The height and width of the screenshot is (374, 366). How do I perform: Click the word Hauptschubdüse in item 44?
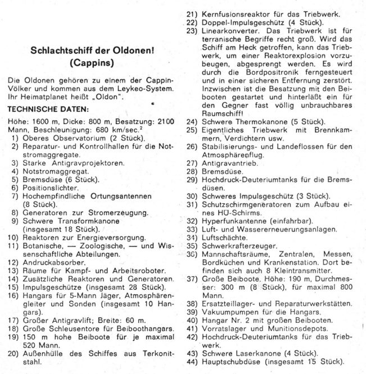click(233, 362)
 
